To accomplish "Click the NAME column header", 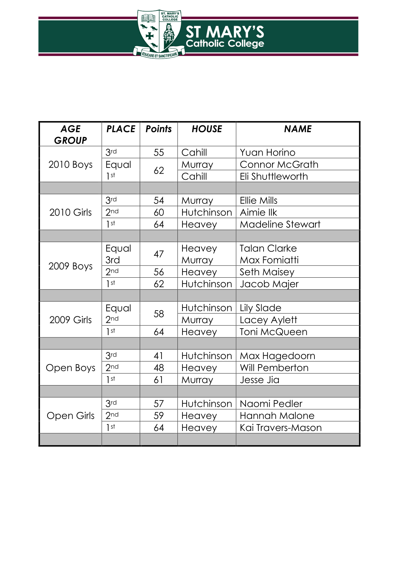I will coord(297,129).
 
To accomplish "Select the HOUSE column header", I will coord(207,129).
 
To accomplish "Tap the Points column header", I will coord(158,129).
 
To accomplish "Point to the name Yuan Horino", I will coord(267,152).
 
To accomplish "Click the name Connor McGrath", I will coord(279,164).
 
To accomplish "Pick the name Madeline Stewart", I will coord(280,224).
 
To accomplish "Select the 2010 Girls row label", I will coord(71,212).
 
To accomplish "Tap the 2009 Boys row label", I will coord(71,266).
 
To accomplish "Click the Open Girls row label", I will coord(71,415).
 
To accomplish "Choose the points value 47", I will coord(159,254).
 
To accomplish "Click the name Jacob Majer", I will coord(269,284).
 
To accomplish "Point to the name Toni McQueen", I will coord(273,332).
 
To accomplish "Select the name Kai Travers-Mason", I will coord(281,428).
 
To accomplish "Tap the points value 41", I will coord(158,356).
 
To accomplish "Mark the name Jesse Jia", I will coord(259,380).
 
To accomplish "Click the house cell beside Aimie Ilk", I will coord(207,212).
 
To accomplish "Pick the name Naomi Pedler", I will coord(271,403).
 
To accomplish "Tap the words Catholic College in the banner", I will coord(225,44).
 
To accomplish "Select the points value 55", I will coord(159,152).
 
